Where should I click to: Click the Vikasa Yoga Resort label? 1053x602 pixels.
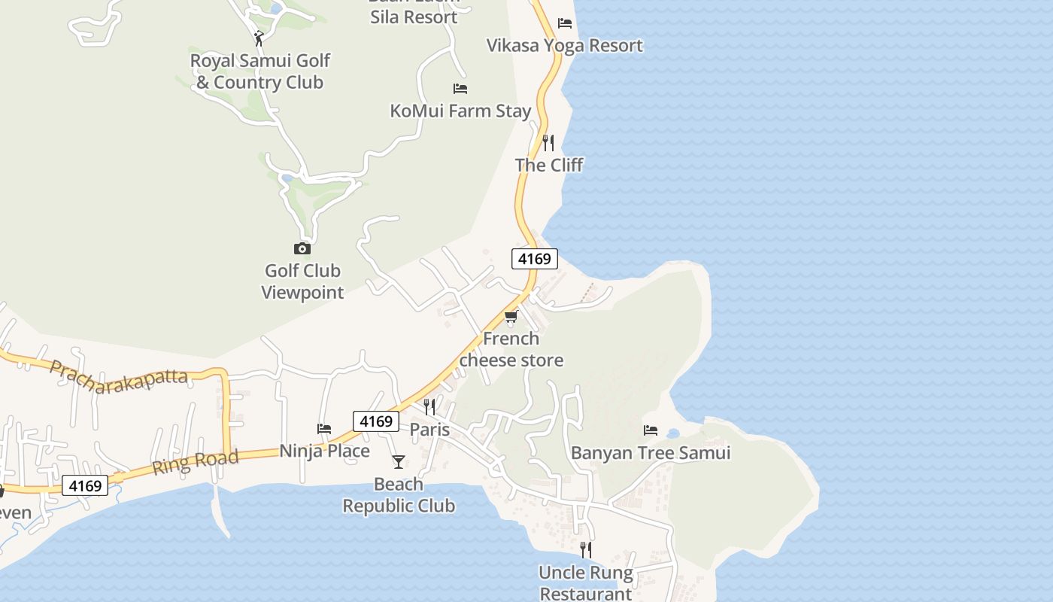tap(564, 45)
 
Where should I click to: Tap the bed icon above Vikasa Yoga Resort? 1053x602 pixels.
tap(565, 23)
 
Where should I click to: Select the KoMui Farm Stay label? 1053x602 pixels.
tap(460, 111)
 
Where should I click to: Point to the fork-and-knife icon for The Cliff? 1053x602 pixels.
tap(548, 142)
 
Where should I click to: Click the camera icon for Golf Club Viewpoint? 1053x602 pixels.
tap(302, 248)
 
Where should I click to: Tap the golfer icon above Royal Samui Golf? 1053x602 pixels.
tap(259, 38)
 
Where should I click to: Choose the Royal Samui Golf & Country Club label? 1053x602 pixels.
tap(259, 71)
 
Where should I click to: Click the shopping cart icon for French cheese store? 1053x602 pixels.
tap(511, 316)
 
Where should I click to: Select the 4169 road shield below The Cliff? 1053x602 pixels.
tap(535, 259)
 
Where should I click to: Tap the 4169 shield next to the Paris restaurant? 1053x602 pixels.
tap(376, 421)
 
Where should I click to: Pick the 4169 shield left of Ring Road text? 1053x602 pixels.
tap(85, 486)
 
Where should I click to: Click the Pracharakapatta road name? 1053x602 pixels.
tap(118, 372)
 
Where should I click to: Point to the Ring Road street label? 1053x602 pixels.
tap(196, 461)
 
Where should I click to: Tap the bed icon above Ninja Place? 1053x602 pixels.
tap(324, 429)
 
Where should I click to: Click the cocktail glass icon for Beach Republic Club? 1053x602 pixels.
tap(399, 461)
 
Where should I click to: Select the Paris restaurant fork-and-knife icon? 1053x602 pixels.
tap(429, 407)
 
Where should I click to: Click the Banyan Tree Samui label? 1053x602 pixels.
tap(651, 453)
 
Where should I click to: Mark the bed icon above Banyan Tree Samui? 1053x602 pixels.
tap(651, 430)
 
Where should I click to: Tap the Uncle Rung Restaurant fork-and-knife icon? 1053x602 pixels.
tap(586, 550)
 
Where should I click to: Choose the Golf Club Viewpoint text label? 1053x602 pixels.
tap(302, 281)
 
